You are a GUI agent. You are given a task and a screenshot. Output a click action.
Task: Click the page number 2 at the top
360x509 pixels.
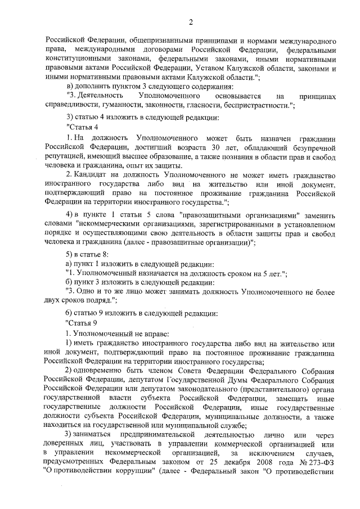pos(191,22)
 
